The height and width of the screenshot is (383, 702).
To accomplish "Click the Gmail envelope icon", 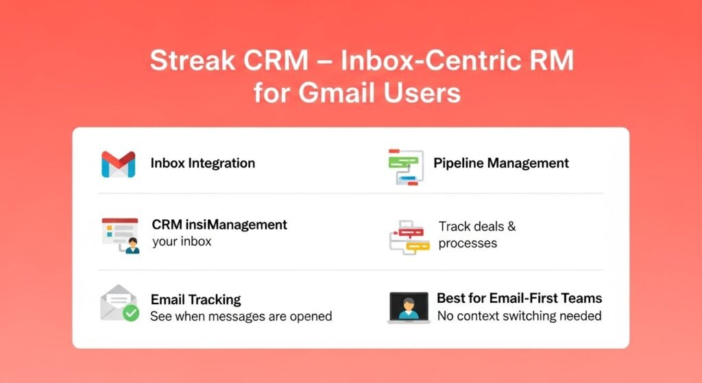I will (x=118, y=164).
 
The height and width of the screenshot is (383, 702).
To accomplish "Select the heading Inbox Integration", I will (x=202, y=164).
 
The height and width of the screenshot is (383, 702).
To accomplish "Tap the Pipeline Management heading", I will (x=500, y=163).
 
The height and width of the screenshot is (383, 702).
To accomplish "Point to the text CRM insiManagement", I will (x=219, y=225).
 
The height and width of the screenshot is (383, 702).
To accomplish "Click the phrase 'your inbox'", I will (x=182, y=241).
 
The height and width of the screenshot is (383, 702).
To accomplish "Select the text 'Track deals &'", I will (x=477, y=227).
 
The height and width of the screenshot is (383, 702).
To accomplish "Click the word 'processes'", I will (x=468, y=243).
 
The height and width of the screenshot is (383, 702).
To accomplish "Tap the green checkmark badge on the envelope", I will (x=130, y=314).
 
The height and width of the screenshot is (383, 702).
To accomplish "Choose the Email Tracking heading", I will (x=195, y=299).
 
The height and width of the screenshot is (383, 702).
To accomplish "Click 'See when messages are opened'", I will (x=241, y=317).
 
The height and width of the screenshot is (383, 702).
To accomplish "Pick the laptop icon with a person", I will (x=409, y=307).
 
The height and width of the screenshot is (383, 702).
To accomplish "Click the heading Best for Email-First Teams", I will (x=519, y=299).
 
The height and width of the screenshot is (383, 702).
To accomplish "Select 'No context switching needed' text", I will (x=519, y=316).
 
